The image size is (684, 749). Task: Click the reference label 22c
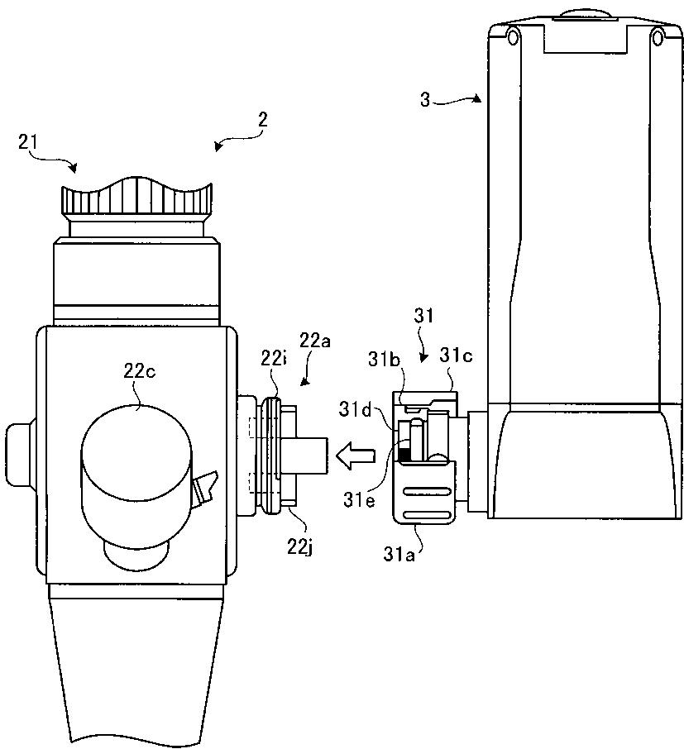(140, 371)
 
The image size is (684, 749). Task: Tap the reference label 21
(28, 142)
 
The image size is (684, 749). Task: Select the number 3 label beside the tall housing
(425, 100)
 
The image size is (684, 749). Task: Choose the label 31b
(384, 360)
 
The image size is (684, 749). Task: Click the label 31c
(457, 355)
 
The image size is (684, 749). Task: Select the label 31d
(355, 409)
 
